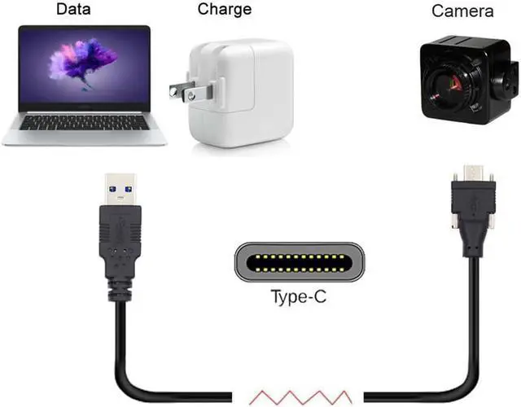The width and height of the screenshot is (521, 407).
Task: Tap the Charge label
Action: tap(225, 10)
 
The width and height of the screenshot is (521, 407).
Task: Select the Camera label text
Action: tap(462, 11)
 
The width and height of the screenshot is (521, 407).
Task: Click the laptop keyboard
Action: tap(85, 121)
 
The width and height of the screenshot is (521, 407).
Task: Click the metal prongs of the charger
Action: tap(182, 90)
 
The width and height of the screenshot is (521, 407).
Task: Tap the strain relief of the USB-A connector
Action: tap(120, 289)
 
